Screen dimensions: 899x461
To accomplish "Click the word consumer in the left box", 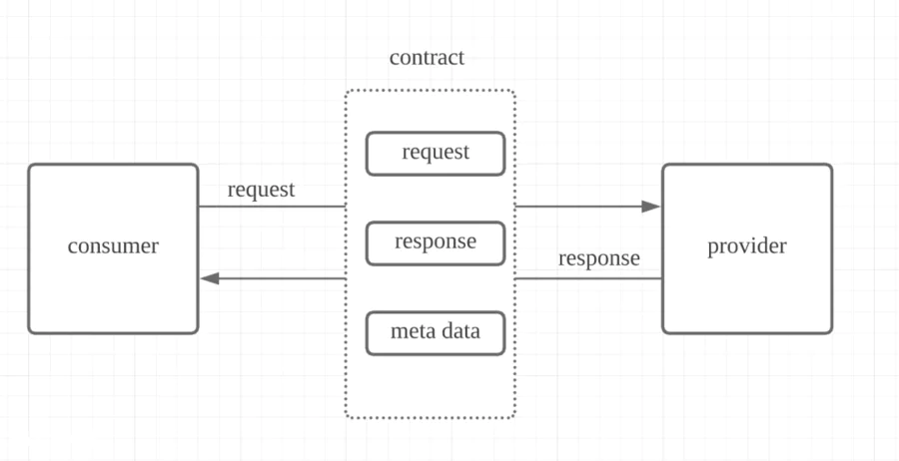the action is click(x=113, y=246).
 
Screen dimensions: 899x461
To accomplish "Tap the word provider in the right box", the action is click(x=746, y=246).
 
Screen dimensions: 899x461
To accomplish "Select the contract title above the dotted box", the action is click(x=427, y=58).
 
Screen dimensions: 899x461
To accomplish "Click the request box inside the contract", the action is click(x=436, y=154).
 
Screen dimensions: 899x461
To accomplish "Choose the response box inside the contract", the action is click(x=436, y=243).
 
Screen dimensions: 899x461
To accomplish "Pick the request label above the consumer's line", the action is click(x=261, y=191).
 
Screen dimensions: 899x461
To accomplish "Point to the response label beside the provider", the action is click(x=599, y=258).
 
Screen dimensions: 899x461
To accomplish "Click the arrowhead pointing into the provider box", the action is click(x=650, y=207).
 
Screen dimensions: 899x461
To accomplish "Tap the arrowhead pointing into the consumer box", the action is click(x=210, y=278).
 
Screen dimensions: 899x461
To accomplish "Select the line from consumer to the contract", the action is click(x=272, y=207).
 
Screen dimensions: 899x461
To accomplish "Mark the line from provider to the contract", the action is click(x=588, y=278).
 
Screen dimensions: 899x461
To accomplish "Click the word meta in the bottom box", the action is click(x=409, y=331).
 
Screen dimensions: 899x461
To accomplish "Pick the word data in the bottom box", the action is click(x=458, y=331).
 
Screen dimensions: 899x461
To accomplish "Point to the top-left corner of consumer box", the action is click(x=29, y=165).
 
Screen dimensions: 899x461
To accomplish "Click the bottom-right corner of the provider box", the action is click(x=831, y=332).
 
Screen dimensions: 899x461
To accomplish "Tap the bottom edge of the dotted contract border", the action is click(x=430, y=418).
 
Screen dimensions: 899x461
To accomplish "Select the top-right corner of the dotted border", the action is click(x=514, y=91).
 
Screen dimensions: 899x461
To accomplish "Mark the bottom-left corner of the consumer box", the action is click(x=29, y=332).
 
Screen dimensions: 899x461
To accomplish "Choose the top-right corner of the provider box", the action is click(x=831, y=165).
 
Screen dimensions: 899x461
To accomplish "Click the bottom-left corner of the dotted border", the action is click(x=346, y=417).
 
